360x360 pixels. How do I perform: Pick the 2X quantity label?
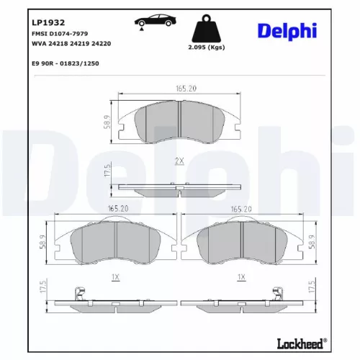(x=179, y=163)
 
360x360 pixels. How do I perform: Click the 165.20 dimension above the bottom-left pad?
(x=117, y=208)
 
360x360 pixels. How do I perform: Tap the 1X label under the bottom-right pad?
(x=242, y=276)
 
